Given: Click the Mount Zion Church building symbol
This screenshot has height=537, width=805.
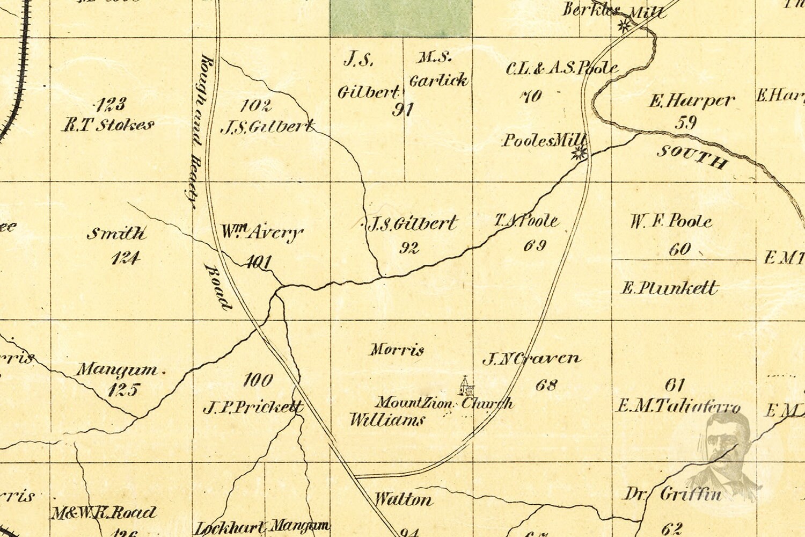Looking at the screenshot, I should point(465,386).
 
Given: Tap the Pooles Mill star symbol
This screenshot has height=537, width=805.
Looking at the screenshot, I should point(579,154).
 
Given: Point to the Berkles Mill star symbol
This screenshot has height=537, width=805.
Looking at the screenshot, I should point(624,25).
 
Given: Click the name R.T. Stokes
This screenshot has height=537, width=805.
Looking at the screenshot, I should point(108,126).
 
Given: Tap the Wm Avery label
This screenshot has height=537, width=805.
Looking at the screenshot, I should point(262,233).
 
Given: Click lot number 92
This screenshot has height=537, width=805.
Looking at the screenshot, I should point(409,248).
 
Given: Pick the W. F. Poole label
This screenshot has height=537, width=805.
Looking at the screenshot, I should point(671,221).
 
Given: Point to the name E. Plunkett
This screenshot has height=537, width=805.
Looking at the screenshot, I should point(669,288).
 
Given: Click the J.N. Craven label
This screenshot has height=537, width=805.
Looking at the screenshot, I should point(531,359).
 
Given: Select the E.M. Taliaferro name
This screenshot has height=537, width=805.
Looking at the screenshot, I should point(678,406).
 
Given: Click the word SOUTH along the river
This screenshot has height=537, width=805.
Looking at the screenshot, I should point(693,156).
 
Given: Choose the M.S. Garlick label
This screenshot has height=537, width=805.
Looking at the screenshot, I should point(438,69).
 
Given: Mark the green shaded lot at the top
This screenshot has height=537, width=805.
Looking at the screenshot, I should point(400,17).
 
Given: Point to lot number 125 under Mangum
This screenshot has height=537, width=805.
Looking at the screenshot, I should point(123,390).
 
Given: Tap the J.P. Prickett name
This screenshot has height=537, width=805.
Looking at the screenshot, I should point(253,408).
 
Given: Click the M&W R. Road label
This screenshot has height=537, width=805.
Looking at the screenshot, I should point(104,513).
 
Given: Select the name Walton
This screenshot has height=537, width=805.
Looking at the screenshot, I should point(403,500).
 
